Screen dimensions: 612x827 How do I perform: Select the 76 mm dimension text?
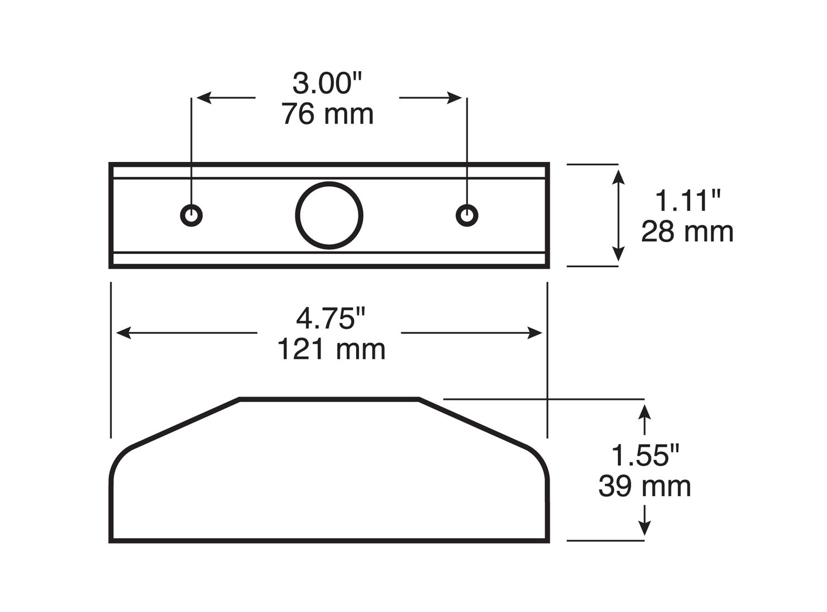point(327,115)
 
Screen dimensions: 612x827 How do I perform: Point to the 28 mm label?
point(687,232)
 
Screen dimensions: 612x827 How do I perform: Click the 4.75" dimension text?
point(330,318)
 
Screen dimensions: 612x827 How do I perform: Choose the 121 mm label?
point(331,349)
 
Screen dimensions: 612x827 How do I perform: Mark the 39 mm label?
point(645,486)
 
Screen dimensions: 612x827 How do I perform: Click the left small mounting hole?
point(191,215)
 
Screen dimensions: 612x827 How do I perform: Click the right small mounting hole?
point(467,215)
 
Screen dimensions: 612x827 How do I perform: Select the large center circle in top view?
point(329,215)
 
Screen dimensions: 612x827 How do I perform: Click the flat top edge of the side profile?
point(329,399)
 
